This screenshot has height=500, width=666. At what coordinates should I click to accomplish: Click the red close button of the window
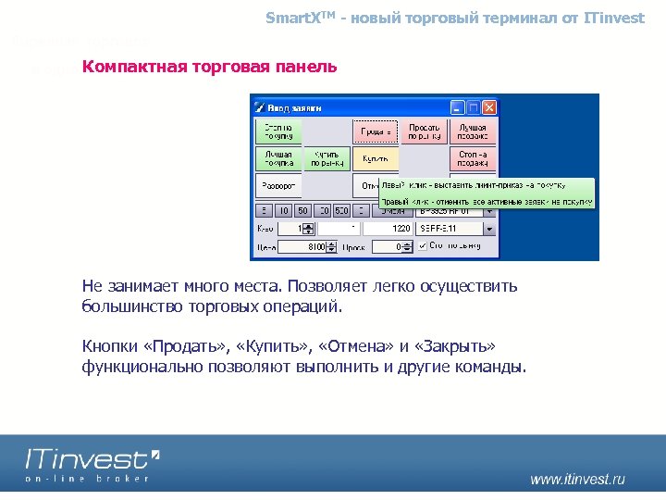click(x=489, y=107)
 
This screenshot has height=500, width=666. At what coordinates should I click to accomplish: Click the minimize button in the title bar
click(x=458, y=107)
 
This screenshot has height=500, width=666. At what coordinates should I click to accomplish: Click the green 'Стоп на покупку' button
click(x=278, y=131)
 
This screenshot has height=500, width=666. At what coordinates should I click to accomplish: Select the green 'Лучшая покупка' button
click(x=278, y=159)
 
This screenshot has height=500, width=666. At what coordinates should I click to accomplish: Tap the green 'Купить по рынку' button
click(x=327, y=159)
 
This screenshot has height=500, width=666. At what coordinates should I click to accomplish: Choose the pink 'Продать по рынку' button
click(x=424, y=131)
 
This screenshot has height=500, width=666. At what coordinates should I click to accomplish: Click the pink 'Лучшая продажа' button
click(x=473, y=131)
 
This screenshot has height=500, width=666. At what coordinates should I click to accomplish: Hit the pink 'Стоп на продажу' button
click(x=473, y=159)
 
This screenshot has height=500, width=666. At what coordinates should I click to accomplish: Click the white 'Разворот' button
click(x=278, y=186)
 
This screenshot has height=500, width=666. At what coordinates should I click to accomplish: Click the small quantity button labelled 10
click(x=285, y=211)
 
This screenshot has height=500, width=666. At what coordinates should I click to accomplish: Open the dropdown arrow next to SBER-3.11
click(x=489, y=228)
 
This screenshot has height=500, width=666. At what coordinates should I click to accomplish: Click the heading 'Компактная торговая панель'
click(x=209, y=68)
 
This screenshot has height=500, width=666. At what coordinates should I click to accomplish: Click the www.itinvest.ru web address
click(x=577, y=479)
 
